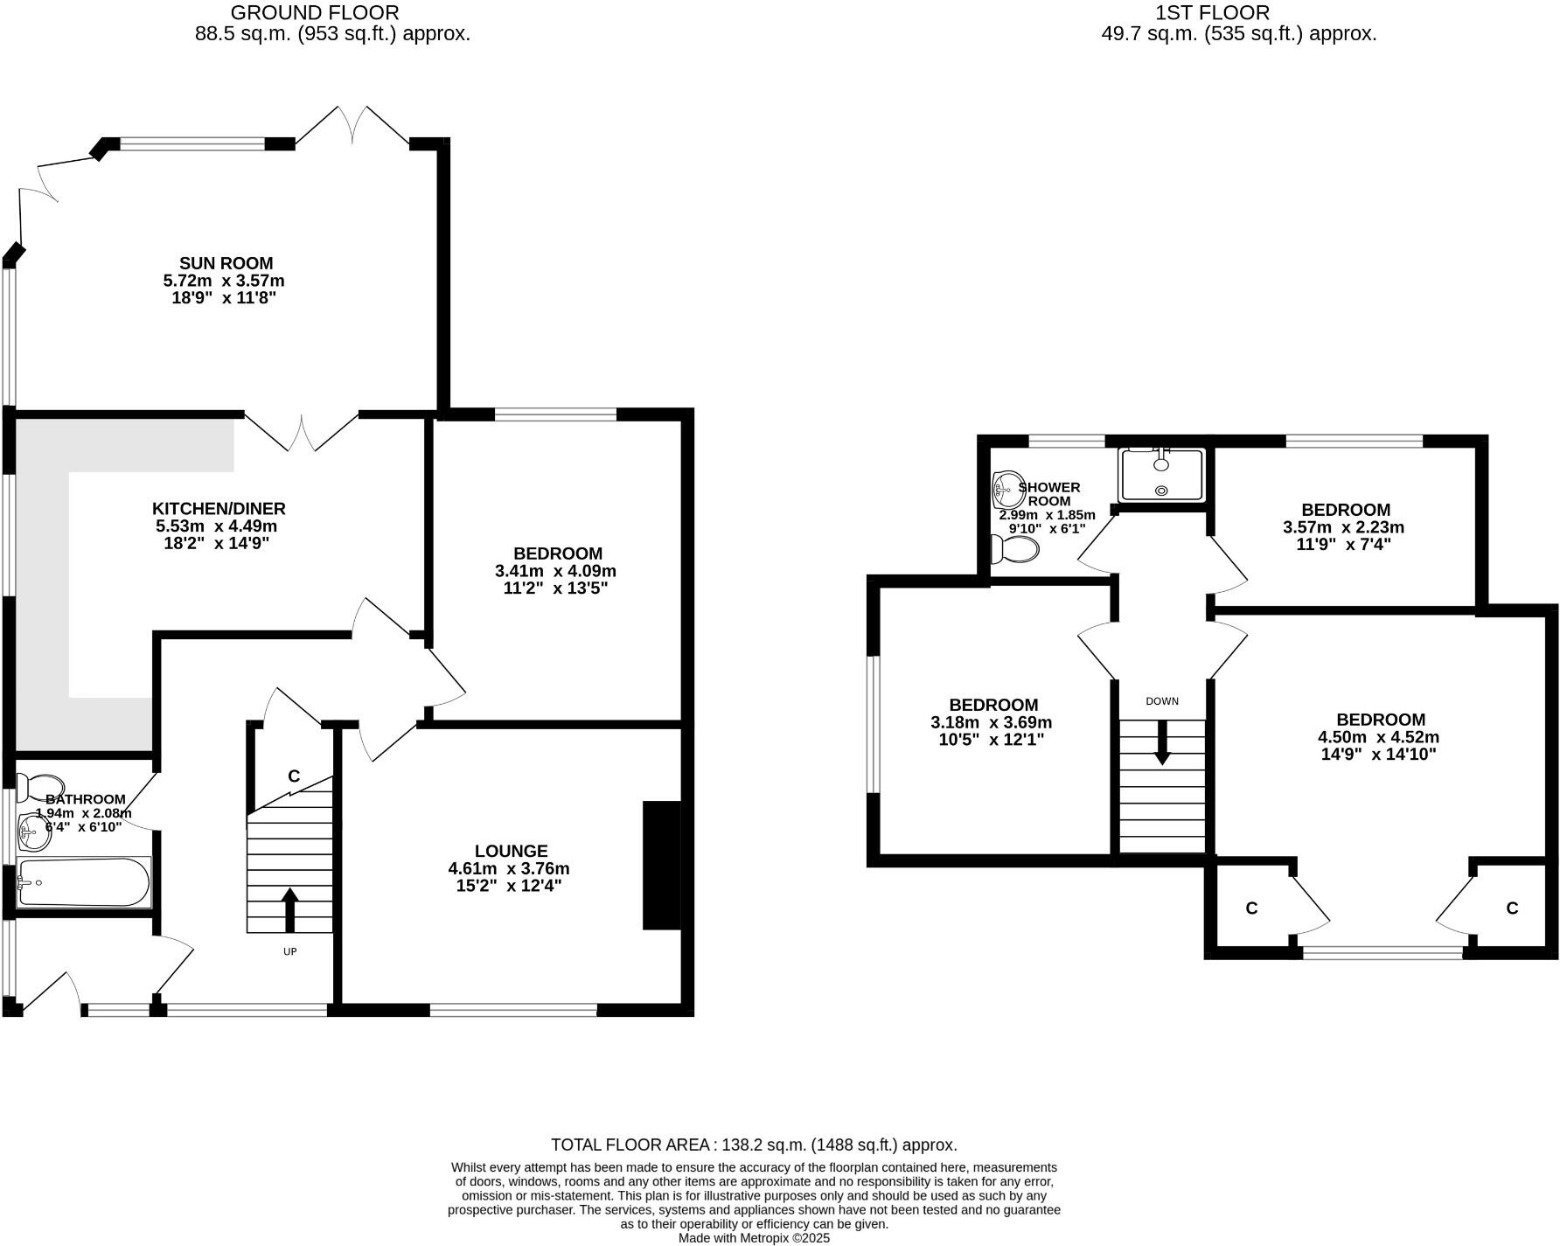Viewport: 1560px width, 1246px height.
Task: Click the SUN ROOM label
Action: point(226,263)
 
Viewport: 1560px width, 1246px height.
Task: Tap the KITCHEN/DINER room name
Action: point(219,509)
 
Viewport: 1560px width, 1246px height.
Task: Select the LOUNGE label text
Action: point(511,851)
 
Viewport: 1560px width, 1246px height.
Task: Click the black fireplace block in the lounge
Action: point(662,865)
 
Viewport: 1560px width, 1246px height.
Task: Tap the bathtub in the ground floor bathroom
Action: point(84,882)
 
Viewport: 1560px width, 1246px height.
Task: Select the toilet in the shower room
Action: point(1015,549)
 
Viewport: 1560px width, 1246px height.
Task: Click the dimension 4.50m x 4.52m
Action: point(1379,737)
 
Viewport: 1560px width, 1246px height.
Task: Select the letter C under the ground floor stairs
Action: point(294,776)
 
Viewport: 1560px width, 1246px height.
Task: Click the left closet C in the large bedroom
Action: point(1251,908)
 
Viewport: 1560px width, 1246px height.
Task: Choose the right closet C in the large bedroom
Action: point(1512,908)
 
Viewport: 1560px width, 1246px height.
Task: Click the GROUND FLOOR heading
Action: point(315,12)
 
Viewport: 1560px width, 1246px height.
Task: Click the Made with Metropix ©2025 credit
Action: point(754,1238)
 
